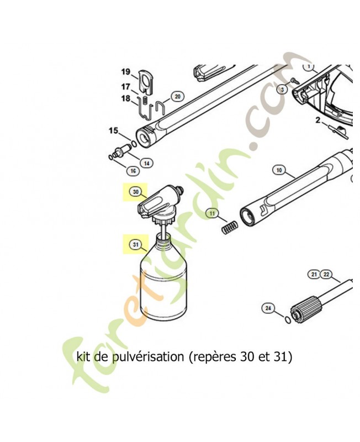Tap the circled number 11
(213, 214)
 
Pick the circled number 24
(269, 308)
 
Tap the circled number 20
(177, 97)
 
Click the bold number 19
(126, 72)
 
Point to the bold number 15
(113, 131)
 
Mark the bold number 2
(318, 120)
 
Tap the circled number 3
(282, 89)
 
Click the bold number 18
(126, 99)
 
